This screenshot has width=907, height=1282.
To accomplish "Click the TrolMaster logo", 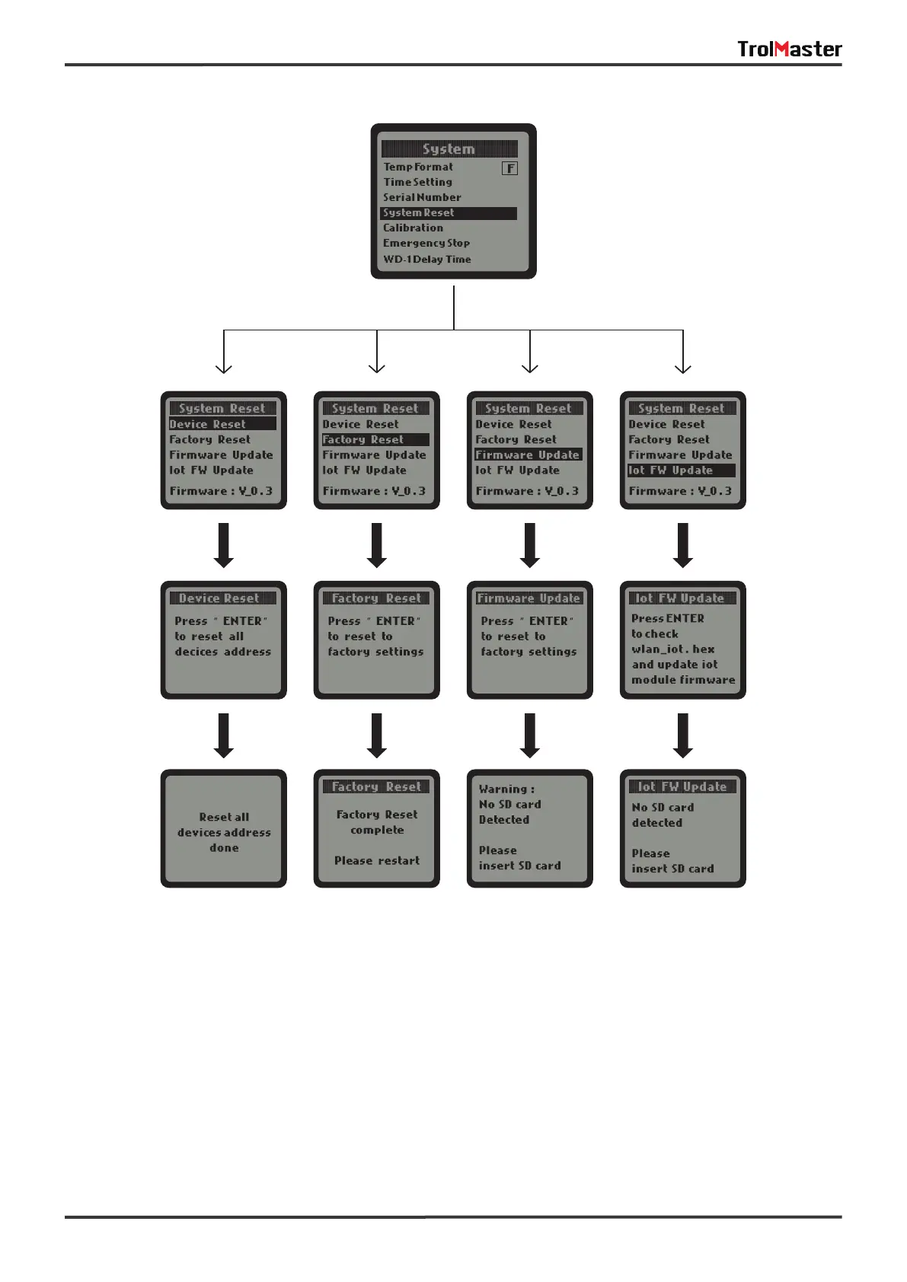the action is click(x=789, y=49).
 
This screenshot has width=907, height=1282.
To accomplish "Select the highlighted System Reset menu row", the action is click(x=449, y=213).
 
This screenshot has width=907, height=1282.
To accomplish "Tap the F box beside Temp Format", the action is click(x=509, y=168).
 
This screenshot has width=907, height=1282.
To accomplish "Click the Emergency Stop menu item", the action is click(x=426, y=244).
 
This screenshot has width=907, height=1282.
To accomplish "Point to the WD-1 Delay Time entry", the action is click(x=427, y=260).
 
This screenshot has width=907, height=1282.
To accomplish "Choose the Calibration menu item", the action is click(x=413, y=228).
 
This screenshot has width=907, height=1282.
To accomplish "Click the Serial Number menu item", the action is click(x=422, y=198).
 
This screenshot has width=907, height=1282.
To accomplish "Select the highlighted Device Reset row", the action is click(x=222, y=424).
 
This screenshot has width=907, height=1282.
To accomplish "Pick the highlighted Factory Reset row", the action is click(x=375, y=440).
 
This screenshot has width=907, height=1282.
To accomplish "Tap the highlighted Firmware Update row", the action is click(x=529, y=455).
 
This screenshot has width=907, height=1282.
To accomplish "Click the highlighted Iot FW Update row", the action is click(x=682, y=470).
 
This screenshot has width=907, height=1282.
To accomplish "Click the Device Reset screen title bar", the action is click(x=222, y=598).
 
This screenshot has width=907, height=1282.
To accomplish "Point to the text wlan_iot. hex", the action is click(x=673, y=649).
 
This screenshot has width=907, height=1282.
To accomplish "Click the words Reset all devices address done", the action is click(x=224, y=832).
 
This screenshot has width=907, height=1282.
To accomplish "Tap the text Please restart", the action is click(x=377, y=861).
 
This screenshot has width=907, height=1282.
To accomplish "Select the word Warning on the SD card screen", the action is click(x=503, y=789).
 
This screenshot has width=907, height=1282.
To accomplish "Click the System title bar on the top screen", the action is click(x=449, y=149).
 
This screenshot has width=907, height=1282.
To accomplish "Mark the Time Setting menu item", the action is click(x=418, y=183).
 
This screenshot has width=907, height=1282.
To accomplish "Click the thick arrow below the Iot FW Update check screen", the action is click(x=683, y=735).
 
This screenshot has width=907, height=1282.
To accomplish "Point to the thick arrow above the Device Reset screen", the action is click(x=223, y=545).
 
